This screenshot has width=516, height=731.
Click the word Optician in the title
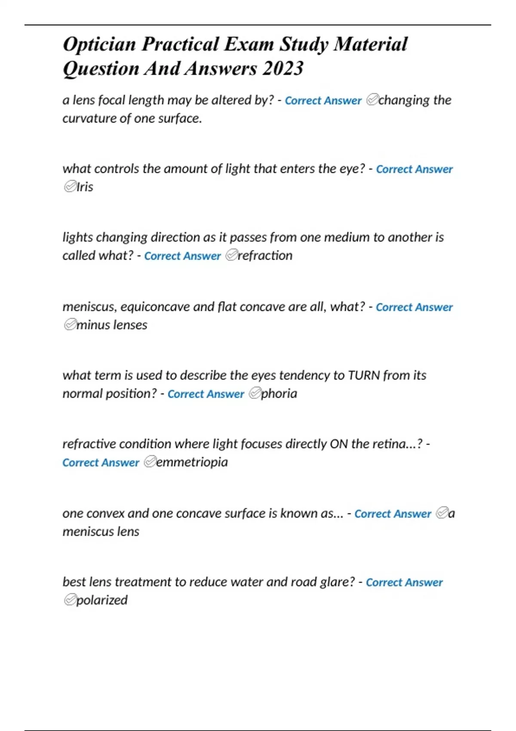(99, 45)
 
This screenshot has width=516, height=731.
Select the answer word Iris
(85, 187)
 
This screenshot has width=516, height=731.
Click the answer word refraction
(265, 255)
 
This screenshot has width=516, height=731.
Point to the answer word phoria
(279, 393)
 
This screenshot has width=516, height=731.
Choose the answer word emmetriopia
(192, 462)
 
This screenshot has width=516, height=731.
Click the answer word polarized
(101, 600)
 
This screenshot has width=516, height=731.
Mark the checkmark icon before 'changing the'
(372, 100)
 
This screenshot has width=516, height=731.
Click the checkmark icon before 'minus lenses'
(70, 325)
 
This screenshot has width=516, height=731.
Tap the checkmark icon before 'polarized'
(70, 600)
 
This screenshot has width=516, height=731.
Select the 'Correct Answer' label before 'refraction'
(182, 256)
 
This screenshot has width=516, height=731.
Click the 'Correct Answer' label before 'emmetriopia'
(101, 463)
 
